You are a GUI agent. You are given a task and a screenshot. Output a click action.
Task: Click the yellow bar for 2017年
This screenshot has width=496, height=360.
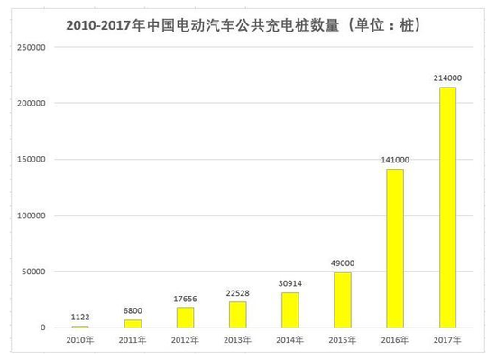pyautogui.click(x=447, y=207)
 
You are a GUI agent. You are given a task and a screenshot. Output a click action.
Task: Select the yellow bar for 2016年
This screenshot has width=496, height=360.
pyautogui.click(x=395, y=247)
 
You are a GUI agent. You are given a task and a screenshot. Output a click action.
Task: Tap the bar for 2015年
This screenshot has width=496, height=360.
pyautogui.click(x=342, y=300)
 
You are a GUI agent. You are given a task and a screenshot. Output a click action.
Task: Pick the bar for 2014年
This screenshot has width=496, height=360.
pyautogui.click(x=289, y=309)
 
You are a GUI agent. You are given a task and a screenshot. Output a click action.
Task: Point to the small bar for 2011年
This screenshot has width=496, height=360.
pyautogui.click(x=133, y=323)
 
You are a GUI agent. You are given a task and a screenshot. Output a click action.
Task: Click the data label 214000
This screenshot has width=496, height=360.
pyautogui.click(x=447, y=78)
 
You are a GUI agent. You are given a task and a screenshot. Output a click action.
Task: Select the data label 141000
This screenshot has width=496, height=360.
pyautogui.click(x=395, y=161)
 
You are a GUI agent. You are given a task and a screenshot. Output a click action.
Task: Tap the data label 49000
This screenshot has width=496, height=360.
pyautogui.click(x=343, y=263)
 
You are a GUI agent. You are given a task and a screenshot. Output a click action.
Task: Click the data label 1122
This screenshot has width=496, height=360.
pyautogui.click(x=80, y=318)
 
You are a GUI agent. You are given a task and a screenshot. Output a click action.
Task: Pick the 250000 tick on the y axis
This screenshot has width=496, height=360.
pyautogui.click(x=32, y=47)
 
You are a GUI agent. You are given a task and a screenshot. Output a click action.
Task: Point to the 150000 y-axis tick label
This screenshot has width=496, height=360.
pyautogui.click(x=32, y=160)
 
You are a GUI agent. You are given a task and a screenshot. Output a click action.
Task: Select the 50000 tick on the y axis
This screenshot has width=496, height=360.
pyautogui.click(x=34, y=272)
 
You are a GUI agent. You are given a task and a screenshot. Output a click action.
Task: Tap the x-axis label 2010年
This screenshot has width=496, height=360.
pyautogui.click(x=80, y=340)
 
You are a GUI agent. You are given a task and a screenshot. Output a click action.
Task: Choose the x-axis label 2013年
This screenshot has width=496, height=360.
pyautogui.click(x=237, y=340)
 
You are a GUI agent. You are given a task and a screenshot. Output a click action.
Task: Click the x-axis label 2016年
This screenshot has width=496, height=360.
pyautogui.click(x=395, y=340)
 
